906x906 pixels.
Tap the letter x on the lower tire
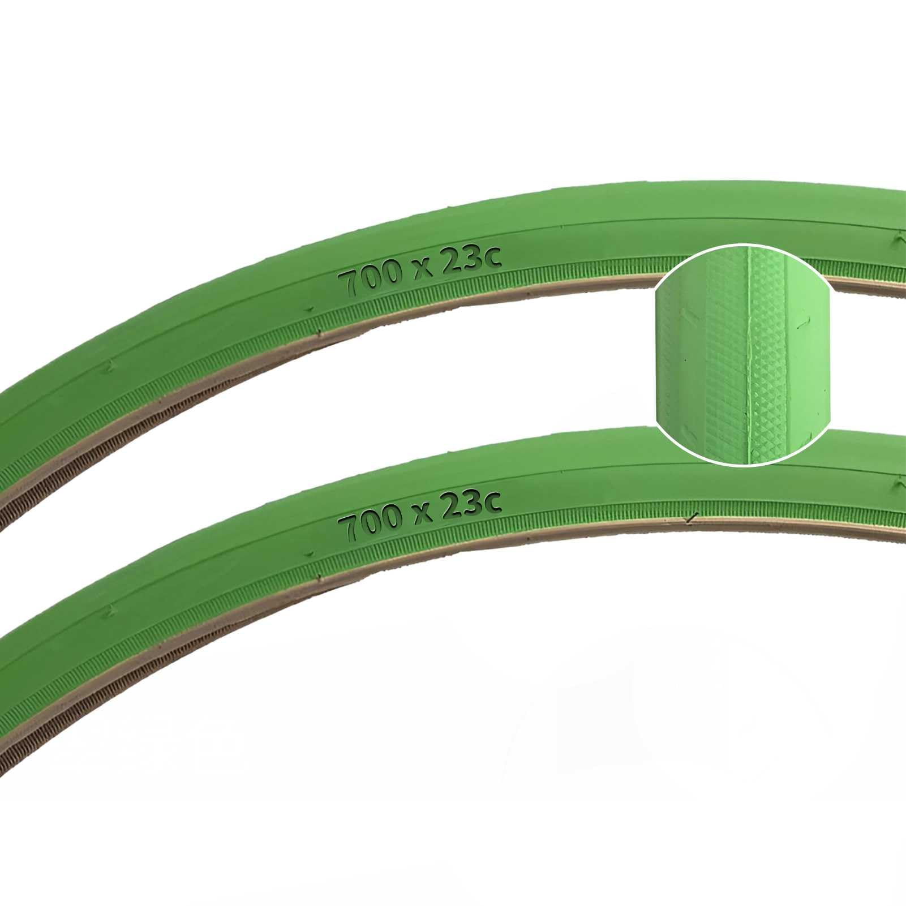coord(422,515)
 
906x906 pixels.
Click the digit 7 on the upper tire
coord(350,283)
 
